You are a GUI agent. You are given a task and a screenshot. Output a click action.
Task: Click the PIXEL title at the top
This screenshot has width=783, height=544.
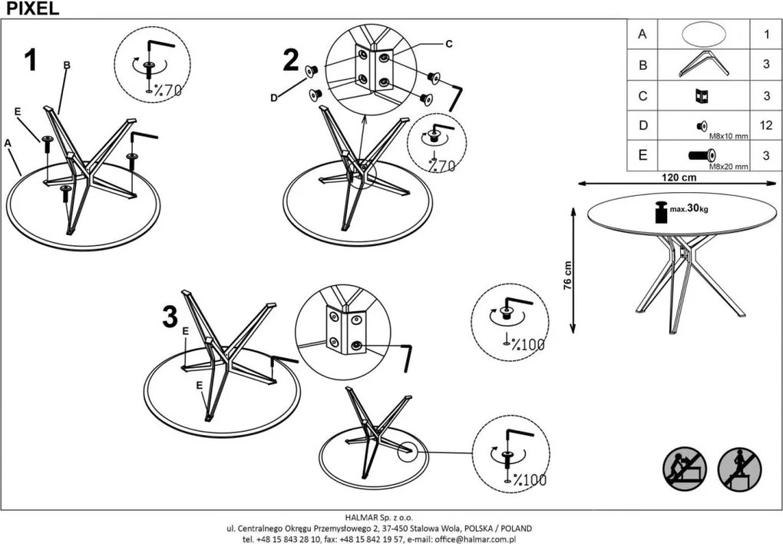tap(29, 8)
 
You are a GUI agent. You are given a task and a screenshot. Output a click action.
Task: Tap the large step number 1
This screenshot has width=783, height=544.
tap(31, 61)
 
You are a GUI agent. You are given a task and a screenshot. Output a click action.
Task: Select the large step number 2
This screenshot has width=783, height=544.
tap(291, 61)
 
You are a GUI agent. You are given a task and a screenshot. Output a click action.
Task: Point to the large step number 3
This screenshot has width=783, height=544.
tap(170, 317)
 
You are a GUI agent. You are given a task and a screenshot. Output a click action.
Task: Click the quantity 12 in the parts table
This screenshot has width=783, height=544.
tap(765, 124)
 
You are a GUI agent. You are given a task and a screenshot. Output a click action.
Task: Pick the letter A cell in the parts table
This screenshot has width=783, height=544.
tap(643, 35)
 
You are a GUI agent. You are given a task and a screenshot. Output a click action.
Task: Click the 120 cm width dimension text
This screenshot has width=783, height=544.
tap(679, 176)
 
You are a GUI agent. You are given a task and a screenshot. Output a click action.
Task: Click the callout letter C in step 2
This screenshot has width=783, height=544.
tap(449, 44)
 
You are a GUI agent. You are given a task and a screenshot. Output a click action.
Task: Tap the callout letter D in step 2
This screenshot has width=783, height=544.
tap(273, 98)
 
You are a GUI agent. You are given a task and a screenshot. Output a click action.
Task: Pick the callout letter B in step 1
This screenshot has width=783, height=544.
tap(67, 65)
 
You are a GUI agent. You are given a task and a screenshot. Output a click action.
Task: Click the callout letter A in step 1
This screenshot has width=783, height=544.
tap(8, 143)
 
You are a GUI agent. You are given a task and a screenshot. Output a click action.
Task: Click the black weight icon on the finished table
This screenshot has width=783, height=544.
tap(660, 211)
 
